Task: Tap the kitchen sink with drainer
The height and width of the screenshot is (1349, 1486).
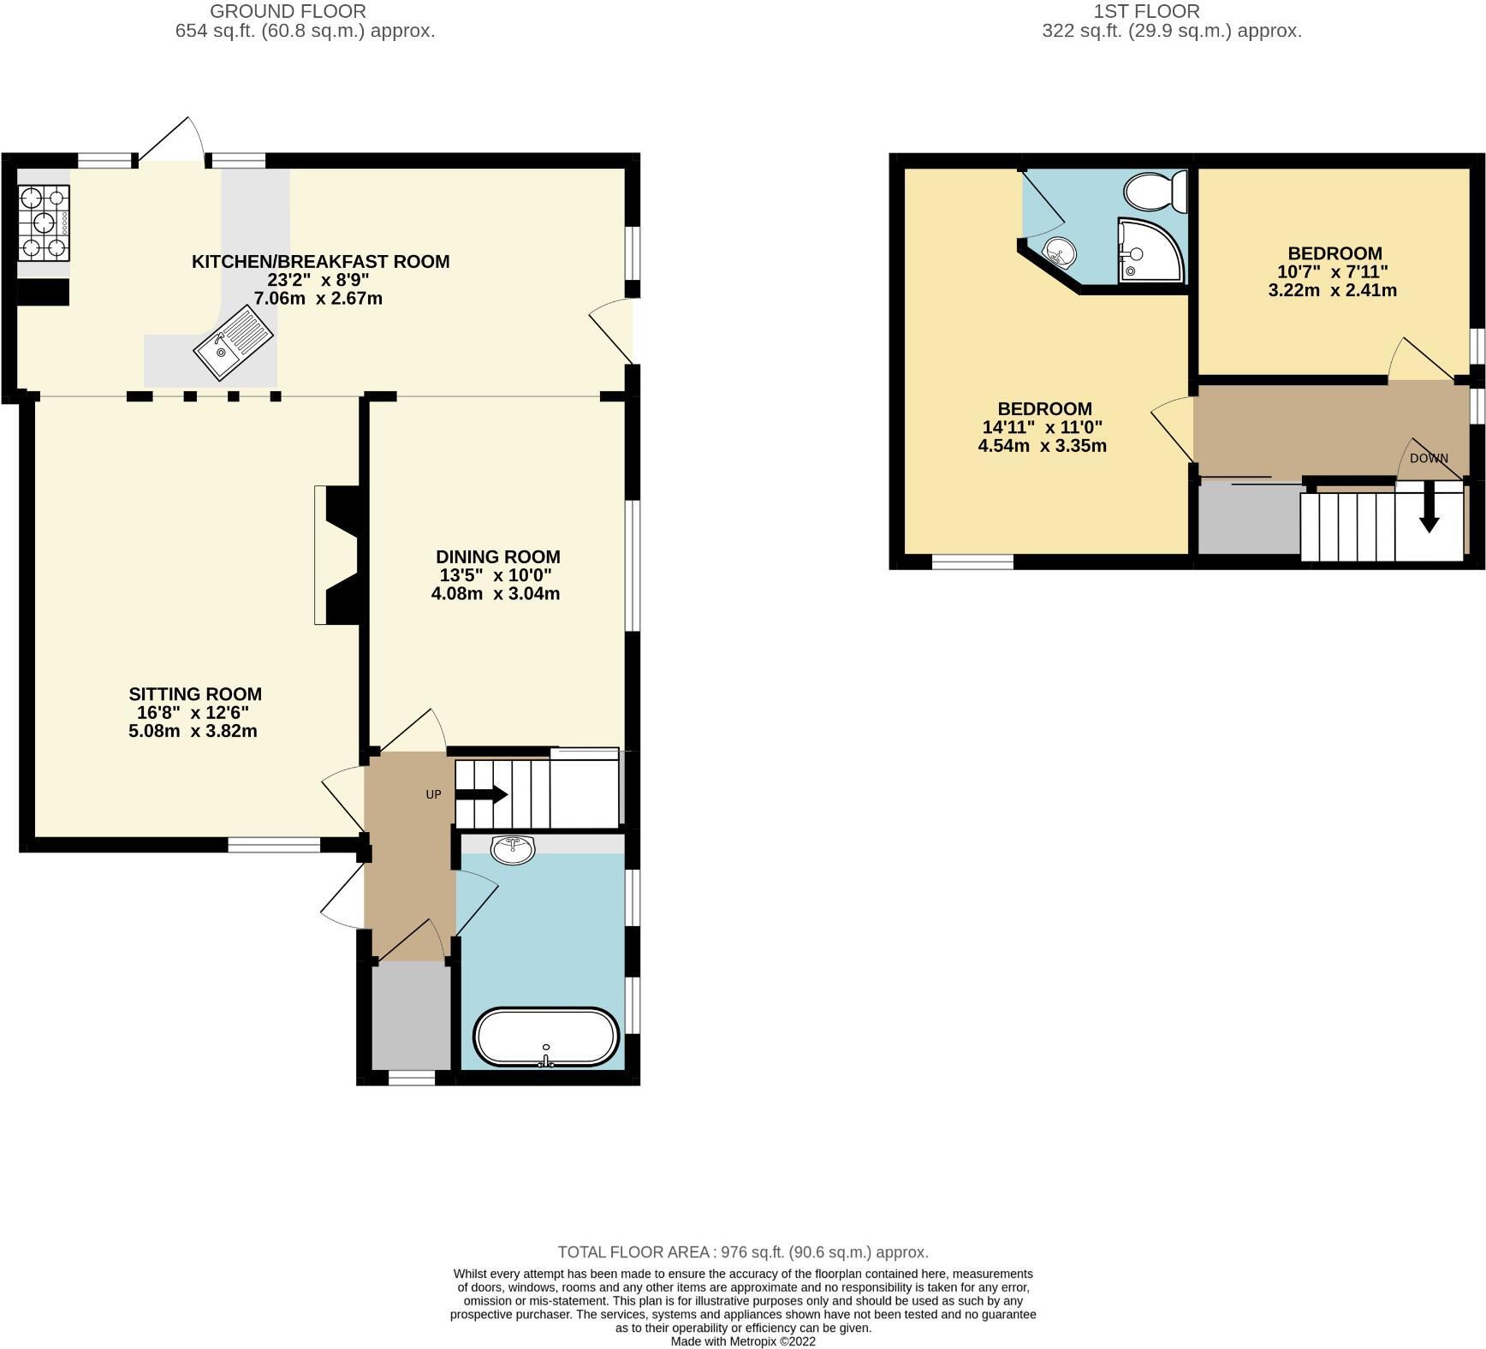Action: click(233, 342)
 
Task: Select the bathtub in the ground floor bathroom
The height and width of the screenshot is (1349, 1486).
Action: click(546, 1037)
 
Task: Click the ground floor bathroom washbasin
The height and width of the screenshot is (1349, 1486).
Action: click(513, 849)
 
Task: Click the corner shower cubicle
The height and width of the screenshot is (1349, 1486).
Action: click(1150, 251)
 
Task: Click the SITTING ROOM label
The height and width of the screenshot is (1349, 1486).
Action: click(195, 694)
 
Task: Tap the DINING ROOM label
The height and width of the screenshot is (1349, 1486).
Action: click(497, 557)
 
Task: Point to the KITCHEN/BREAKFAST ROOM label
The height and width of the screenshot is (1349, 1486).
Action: click(320, 262)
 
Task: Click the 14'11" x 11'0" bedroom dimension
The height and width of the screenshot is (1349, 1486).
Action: click(1042, 427)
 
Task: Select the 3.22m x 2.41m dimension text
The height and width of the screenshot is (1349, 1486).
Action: click(1332, 290)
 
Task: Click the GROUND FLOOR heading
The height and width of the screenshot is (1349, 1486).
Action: click(288, 12)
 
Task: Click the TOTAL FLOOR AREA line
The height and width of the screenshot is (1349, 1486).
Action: click(742, 1251)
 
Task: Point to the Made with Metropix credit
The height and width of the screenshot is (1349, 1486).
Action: click(742, 1341)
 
